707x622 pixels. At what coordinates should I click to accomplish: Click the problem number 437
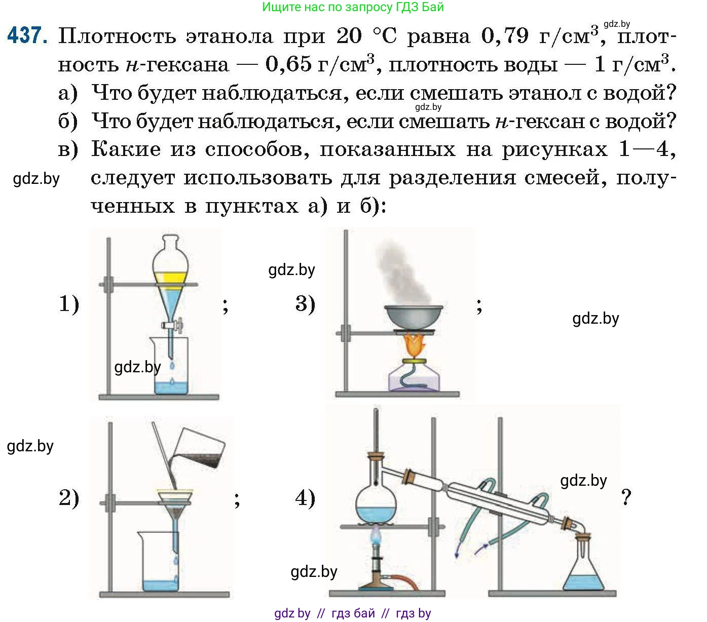(27, 35)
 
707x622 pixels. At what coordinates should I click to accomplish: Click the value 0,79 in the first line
(505, 35)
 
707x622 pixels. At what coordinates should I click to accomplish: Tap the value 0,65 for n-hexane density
(288, 64)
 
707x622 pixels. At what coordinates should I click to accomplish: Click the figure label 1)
(69, 304)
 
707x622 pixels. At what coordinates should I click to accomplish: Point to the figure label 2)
(69, 497)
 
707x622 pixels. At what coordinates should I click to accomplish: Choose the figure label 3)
(305, 303)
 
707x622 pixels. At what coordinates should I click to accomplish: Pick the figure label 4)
(305, 497)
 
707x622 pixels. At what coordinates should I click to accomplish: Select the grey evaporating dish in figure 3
(414, 317)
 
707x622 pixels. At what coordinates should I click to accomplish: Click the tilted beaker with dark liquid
(200, 448)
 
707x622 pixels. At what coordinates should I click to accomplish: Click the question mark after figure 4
(626, 497)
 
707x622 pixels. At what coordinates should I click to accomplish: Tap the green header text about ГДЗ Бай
(353, 7)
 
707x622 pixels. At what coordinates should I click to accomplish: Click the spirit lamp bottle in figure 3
(414, 377)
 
